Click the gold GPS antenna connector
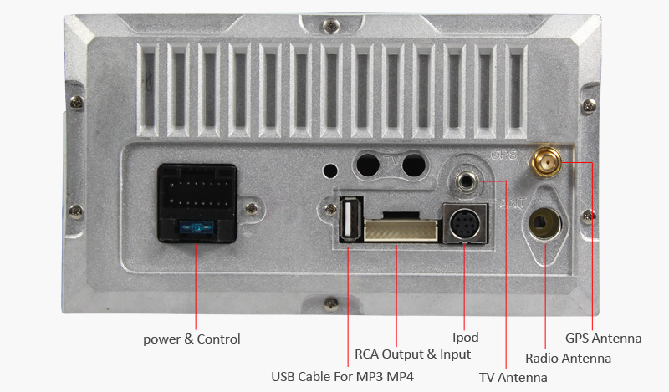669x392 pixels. (546, 161)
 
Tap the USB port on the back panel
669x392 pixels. (350, 219)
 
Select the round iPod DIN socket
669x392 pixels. (465, 223)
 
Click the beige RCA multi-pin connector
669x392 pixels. (401, 230)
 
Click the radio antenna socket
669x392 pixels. (545, 223)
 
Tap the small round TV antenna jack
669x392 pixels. (467, 181)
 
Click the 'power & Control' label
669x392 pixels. (192, 339)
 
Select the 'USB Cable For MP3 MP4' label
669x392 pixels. (343, 377)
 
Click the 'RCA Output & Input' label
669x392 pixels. (412, 354)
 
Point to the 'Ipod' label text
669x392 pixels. (466, 338)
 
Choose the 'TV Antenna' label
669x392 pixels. (513, 378)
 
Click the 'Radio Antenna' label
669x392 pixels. (568, 359)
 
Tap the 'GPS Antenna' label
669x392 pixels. (603, 339)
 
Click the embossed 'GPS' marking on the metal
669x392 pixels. (503, 155)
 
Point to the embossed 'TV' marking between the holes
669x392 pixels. (391, 162)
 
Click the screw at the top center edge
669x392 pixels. (330, 26)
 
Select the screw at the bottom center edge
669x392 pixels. (331, 304)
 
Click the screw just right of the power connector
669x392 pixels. (252, 209)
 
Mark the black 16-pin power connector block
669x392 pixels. (197, 203)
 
